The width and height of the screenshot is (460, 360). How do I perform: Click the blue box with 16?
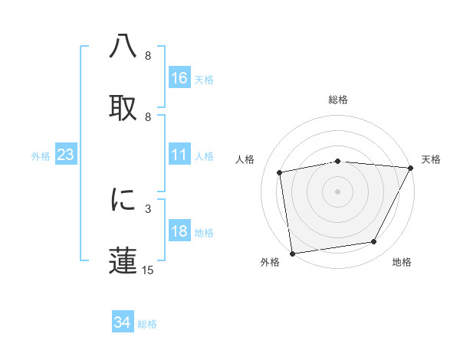click(179, 78)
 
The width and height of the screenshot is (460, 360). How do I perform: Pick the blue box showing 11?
click(179, 155)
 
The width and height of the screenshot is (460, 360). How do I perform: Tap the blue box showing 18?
click(179, 232)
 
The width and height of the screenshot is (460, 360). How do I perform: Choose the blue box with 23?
click(66, 155)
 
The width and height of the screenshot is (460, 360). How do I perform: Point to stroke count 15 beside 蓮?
click(148, 270)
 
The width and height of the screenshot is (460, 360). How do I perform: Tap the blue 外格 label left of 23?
click(41, 156)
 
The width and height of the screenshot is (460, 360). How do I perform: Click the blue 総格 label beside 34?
click(147, 324)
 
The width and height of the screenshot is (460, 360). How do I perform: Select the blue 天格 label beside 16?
click(204, 79)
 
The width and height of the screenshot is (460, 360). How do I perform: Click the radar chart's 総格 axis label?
click(338, 100)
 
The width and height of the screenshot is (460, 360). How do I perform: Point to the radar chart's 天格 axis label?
click(431, 159)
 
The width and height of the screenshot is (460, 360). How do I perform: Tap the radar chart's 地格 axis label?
click(402, 263)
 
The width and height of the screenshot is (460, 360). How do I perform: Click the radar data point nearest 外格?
click(292, 253)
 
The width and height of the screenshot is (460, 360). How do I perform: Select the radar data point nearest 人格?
click(280, 172)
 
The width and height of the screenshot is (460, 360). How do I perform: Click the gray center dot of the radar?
click(337, 191)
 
